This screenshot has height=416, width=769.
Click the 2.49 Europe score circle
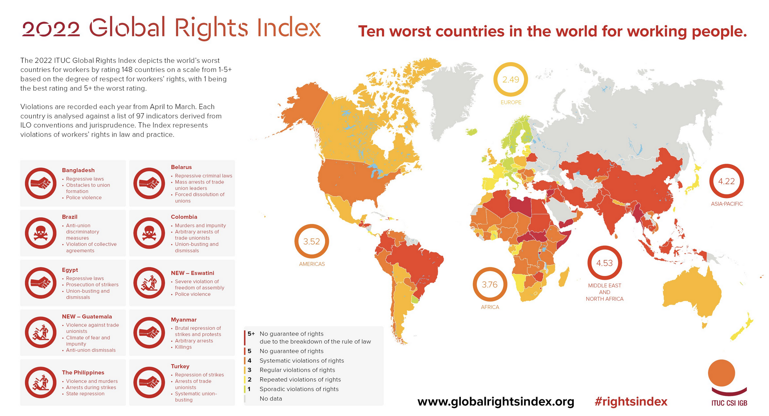pyautogui.click(x=511, y=80)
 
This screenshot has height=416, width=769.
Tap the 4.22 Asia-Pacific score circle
pyautogui.click(x=726, y=181)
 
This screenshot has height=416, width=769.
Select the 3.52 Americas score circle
pyautogui.click(x=311, y=242)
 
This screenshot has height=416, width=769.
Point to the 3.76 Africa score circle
pyautogui.click(x=489, y=285)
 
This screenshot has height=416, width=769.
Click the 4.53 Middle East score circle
pyautogui.click(x=604, y=263)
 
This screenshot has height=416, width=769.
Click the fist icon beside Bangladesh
pyautogui.click(x=41, y=183)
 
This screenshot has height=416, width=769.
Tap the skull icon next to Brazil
pyautogui.click(x=41, y=233)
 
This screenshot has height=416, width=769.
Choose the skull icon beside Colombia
pyautogui.click(x=149, y=233)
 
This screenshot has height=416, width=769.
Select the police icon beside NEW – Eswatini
pyautogui.click(x=149, y=283)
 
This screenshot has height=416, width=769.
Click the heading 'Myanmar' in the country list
pyautogui.click(x=183, y=320)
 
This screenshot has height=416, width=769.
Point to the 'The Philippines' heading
pyautogui.click(x=83, y=372)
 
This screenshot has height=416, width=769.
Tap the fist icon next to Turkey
pyautogui.click(x=149, y=382)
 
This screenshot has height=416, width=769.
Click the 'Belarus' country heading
pyautogui.click(x=181, y=167)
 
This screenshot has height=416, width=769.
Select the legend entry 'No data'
pyautogui.click(x=270, y=399)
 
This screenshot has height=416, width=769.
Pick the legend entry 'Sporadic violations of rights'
pyautogui.click(x=299, y=389)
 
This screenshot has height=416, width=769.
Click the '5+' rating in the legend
pyautogui.click(x=251, y=334)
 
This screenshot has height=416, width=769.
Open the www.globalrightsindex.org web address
pyautogui.click(x=496, y=402)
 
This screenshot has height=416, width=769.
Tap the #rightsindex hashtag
pyautogui.click(x=631, y=402)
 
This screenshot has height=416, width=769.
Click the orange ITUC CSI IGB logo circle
pyautogui.click(x=721, y=373)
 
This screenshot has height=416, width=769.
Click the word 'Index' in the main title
pyautogui.click(x=288, y=28)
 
